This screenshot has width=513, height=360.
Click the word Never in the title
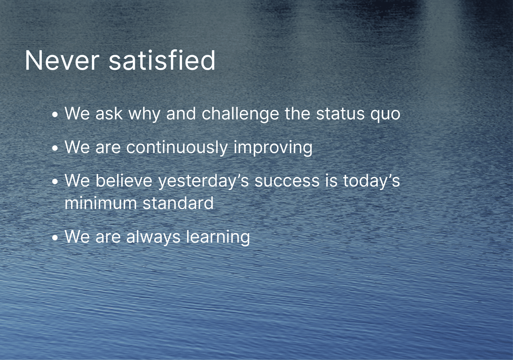pos(62,60)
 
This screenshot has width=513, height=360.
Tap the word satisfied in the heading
pos(162,60)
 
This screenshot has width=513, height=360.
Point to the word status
pos(340,114)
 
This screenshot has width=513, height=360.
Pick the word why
pos(144,114)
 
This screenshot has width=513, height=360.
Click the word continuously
pos(177,148)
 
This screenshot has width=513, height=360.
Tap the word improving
pos(273,148)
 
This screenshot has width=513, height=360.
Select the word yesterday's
pos(204,181)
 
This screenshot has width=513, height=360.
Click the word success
pos(287,181)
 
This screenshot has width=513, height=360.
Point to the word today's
pos(371,181)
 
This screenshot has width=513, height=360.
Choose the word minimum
pos(101,203)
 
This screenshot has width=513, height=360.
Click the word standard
pos(178,203)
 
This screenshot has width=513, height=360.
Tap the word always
pos(153,237)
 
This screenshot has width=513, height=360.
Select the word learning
pos(218,237)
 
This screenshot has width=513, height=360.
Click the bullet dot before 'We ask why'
pos(55,114)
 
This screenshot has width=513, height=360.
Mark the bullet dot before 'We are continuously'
pos(55,148)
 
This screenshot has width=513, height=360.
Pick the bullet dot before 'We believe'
pos(55,182)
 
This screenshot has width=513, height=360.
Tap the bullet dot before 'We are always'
pos(55,238)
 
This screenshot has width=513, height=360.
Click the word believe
pos(124,181)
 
